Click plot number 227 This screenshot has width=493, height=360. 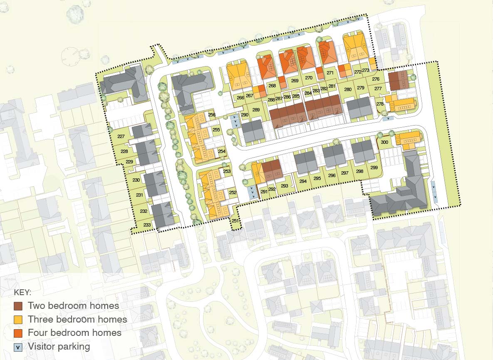[x=121, y=137]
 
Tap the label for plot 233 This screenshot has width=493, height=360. [x=147, y=225]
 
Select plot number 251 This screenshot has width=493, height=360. [x=235, y=221]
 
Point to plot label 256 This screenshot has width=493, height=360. [x=212, y=115]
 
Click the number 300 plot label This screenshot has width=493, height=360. [x=384, y=143]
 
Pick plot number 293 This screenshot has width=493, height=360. [x=285, y=186]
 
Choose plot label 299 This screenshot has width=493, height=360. [x=374, y=168]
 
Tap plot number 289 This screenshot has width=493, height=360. [x=256, y=110]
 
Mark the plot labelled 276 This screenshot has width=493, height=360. [x=376, y=79]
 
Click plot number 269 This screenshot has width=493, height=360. [x=295, y=81]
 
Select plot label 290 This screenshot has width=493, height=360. [x=245, y=115]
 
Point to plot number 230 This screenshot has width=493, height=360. [x=136, y=180]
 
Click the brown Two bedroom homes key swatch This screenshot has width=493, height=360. [x=18, y=306]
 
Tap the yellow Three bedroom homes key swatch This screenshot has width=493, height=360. [x=18, y=320]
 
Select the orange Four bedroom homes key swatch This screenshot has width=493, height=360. [x=18, y=333]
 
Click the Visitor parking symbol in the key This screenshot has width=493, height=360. [x=18, y=347]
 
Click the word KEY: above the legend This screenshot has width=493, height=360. [x=22, y=292]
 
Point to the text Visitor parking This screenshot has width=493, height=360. [x=59, y=346]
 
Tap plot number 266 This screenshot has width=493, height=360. [x=240, y=98]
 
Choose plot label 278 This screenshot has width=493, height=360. [x=379, y=104]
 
